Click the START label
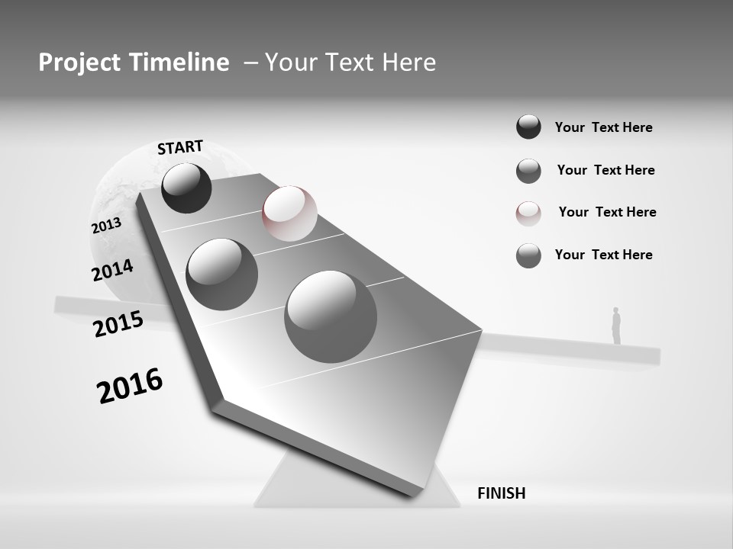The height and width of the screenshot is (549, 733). (180, 147)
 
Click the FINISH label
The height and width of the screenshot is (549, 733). (501, 493)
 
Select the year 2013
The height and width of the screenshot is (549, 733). (106, 226)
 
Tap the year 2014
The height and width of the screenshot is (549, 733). (112, 271)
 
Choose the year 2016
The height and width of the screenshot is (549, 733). (130, 386)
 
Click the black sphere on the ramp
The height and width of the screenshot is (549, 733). (186, 188)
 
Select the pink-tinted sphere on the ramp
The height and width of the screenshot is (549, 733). (289, 213)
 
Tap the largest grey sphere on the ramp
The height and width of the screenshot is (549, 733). (331, 316)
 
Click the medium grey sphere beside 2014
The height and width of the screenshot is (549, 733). (221, 274)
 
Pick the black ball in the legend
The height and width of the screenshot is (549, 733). (528, 127)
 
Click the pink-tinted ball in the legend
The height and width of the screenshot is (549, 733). (528, 213)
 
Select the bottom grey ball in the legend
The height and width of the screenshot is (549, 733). (528, 255)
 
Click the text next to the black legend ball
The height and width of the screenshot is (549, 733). (603, 127)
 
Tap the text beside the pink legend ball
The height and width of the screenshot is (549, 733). (607, 212)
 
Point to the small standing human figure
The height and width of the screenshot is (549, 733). (616, 326)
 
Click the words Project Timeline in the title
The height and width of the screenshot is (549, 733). (134, 63)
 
